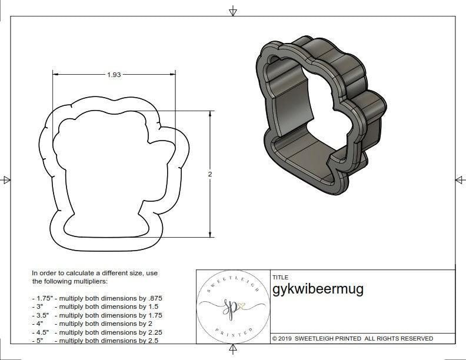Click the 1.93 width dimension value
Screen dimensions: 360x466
[x=114, y=75]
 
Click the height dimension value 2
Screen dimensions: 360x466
[x=209, y=174]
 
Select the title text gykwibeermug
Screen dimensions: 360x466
[x=318, y=289]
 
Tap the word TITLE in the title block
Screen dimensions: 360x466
[x=280, y=277]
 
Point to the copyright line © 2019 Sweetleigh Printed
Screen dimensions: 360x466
[x=352, y=338]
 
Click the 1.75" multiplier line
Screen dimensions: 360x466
[x=97, y=298]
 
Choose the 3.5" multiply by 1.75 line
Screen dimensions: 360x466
[x=97, y=315]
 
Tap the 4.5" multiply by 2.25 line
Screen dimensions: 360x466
[x=97, y=332]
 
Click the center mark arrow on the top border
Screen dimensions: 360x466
[x=233, y=11]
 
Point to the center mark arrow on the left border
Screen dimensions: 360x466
[x=6, y=180]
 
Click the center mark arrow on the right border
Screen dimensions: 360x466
[x=460, y=179]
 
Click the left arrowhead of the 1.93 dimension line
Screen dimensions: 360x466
[x=56, y=75]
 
